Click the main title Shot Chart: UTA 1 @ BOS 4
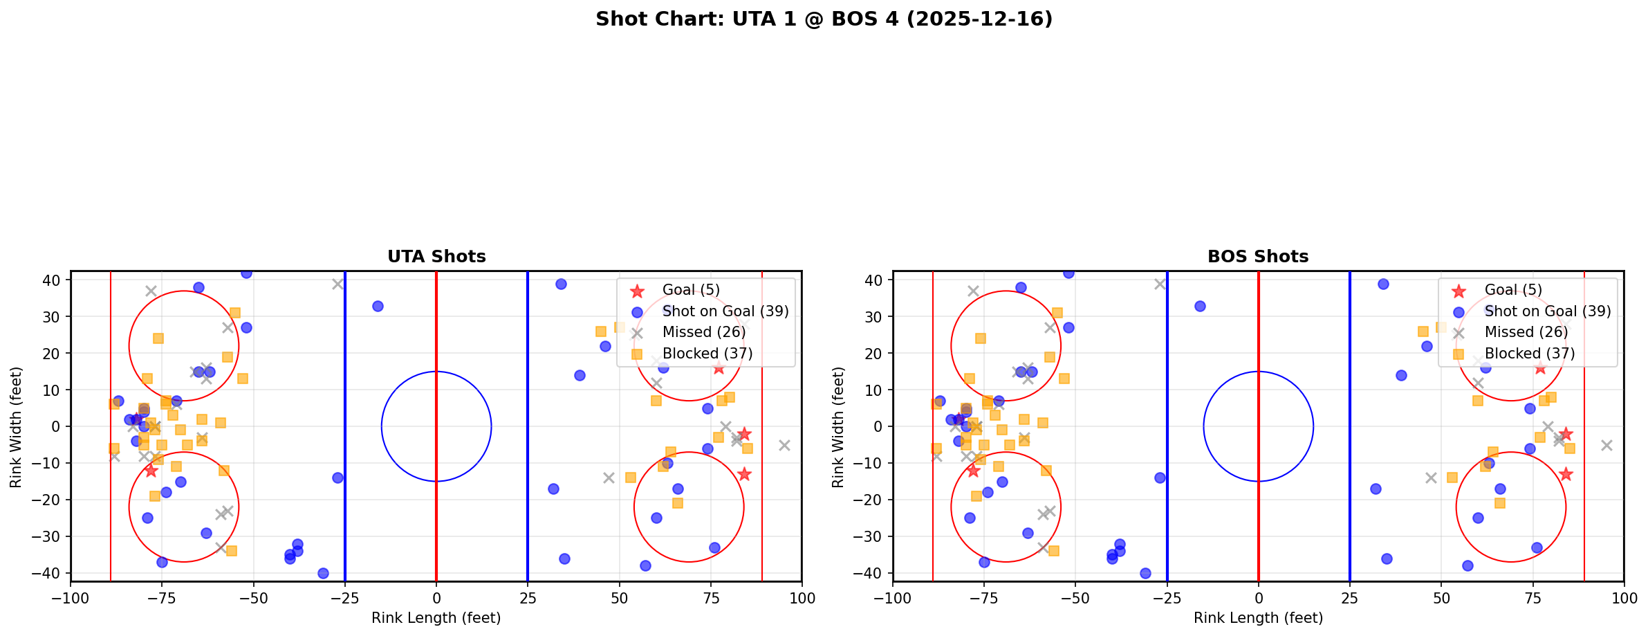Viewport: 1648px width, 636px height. [824, 19]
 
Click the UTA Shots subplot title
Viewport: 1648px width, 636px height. [436, 257]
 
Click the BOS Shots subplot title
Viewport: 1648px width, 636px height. [1258, 257]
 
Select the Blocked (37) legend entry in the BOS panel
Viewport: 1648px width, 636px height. [1529, 354]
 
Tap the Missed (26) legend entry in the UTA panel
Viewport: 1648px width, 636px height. [703, 332]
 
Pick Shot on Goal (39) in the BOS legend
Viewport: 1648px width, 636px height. [1547, 311]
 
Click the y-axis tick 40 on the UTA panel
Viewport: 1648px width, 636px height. [53, 280]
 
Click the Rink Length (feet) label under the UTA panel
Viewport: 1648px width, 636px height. [436, 618]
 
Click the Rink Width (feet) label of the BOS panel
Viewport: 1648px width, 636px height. [838, 427]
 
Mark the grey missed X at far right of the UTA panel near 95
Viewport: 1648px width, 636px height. [784, 445]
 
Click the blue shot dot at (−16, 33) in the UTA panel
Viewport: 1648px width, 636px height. [378, 306]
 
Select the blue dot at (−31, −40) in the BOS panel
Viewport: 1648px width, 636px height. [1145, 573]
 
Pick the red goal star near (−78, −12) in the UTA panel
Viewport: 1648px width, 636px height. [151, 471]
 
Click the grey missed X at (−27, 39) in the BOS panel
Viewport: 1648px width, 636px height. [1160, 284]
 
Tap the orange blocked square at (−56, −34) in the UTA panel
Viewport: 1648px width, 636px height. [232, 551]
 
